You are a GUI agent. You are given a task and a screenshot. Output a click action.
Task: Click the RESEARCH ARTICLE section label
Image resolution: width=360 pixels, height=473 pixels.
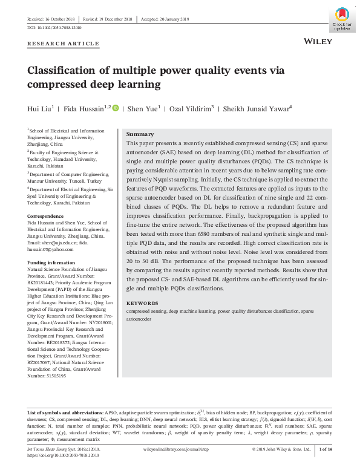pyautogui.click(x=64, y=44)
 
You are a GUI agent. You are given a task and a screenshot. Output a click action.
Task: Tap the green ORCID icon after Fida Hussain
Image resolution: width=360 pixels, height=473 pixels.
pyautogui.click(x=116, y=109)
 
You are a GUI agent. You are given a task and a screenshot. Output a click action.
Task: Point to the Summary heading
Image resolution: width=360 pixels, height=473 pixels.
pyautogui.click(x=140, y=134)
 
